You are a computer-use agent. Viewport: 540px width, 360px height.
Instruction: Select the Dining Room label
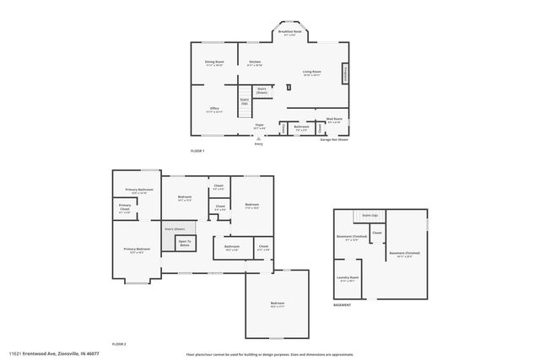[214, 63]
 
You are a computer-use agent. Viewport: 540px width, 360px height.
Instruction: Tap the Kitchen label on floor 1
[255, 63]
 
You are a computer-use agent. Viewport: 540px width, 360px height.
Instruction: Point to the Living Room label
[312, 73]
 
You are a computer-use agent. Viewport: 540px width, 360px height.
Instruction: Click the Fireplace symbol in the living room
[344, 74]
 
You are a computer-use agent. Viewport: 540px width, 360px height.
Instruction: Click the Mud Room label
[334, 121]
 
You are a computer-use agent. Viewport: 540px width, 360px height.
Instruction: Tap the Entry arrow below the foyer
[259, 137]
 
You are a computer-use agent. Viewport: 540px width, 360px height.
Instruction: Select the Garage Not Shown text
[334, 139]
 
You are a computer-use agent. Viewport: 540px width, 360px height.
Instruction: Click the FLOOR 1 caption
[197, 150]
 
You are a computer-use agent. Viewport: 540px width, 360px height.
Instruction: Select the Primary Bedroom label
[138, 250]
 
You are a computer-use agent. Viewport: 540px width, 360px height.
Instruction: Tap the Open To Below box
[184, 244]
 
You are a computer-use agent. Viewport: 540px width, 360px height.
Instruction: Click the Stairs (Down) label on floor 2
[174, 228]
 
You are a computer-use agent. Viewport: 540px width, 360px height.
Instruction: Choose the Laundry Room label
[348, 279]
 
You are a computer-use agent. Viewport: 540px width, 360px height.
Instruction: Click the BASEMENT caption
[342, 304]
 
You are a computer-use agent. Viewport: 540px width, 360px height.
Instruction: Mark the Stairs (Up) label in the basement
[369, 216]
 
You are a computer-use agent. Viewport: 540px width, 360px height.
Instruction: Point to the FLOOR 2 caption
[119, 344]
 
